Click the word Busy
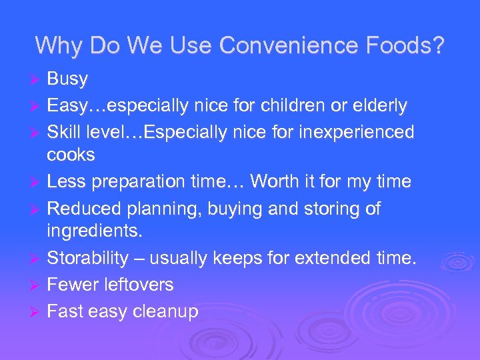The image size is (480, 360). [x=67, y=79]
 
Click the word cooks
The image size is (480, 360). [x=71, y=155]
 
